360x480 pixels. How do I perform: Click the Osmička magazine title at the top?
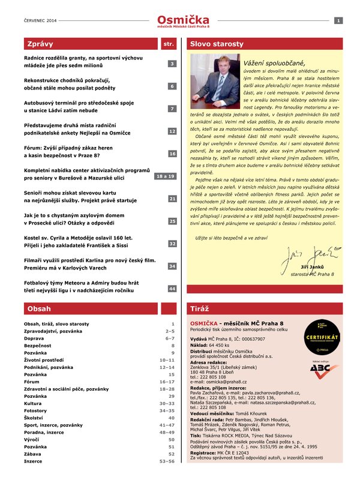pyautogui.click(x=179, y=19)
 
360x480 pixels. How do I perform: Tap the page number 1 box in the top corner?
pyautogui.click(x=338, y=21)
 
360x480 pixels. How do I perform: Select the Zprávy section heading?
pyautogui.click(x=40, y=44)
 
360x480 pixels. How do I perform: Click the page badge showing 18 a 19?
pyautogui.click(x=165, y=176)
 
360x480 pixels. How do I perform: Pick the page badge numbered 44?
pyautogui.click(x=172, y=289)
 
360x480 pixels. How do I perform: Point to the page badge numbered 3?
pyautogui.click(x=172, y=64)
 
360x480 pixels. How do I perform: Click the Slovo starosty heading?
pyautogui.click(x=217, y=44)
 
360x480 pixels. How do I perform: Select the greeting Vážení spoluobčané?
pyautogui.click(x=274, y=63)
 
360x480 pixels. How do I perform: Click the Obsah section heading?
pyautogui.click(x=38, y=308)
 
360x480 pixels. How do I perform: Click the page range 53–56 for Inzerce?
pyautogui.click(x=166, y=462)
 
